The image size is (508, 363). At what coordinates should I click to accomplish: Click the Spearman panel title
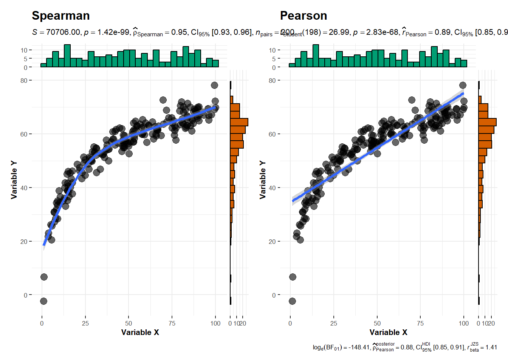[61, 16]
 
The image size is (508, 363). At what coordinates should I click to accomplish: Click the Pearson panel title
[304, 16]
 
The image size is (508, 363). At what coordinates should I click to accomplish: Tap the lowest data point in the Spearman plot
[43, 301]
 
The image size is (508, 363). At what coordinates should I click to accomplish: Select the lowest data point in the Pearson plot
[292, 301]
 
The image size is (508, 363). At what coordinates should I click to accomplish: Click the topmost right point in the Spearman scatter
[214, 85]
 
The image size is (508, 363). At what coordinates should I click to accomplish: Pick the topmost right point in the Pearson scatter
[463, 85]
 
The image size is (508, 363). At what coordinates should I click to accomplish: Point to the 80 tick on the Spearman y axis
[24, 81]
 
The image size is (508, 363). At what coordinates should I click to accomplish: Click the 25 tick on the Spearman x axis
[85, 323]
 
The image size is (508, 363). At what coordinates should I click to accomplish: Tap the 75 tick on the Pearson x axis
[420, 323]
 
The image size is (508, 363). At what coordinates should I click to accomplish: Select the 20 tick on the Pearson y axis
[272, 242]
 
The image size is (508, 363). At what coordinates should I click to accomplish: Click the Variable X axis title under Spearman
[140, 332]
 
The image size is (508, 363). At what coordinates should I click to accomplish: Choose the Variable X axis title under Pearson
[388, 332]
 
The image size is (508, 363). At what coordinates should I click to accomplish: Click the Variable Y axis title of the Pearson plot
[262, 180]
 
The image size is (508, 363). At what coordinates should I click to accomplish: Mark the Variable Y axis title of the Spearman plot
[14, 180]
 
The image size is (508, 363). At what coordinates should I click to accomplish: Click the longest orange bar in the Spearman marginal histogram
[239, 122]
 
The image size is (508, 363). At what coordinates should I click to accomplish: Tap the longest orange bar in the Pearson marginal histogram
[487, 122]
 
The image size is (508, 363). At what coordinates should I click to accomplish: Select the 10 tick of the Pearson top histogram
[272, 50]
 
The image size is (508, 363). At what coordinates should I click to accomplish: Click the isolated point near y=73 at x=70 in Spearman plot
[163, 100]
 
